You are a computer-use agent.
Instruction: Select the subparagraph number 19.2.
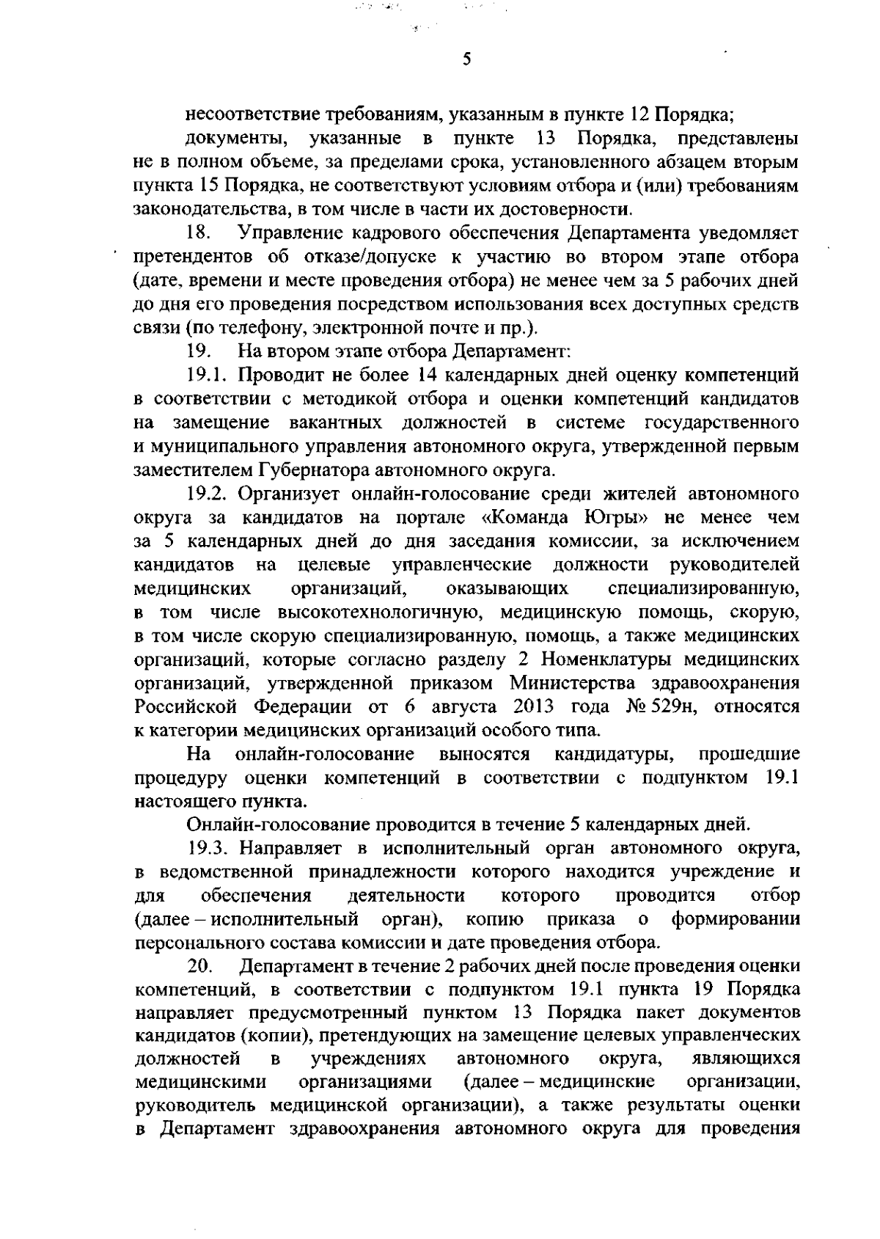coord(208,494)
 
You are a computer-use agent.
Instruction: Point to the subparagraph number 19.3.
coord(208,849)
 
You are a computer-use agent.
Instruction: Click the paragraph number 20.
coord(199,966)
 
